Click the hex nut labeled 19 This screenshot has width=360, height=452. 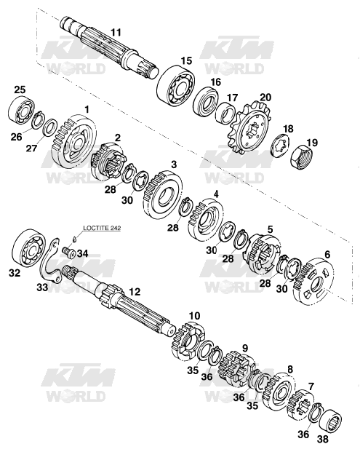(301, 157)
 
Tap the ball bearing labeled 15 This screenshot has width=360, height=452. (176, 86)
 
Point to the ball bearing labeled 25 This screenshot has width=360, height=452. (22, 110)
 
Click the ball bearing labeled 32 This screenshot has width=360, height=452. (29, 247)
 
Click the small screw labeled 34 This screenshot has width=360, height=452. (69, 253)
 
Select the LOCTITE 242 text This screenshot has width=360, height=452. (102, 228)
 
